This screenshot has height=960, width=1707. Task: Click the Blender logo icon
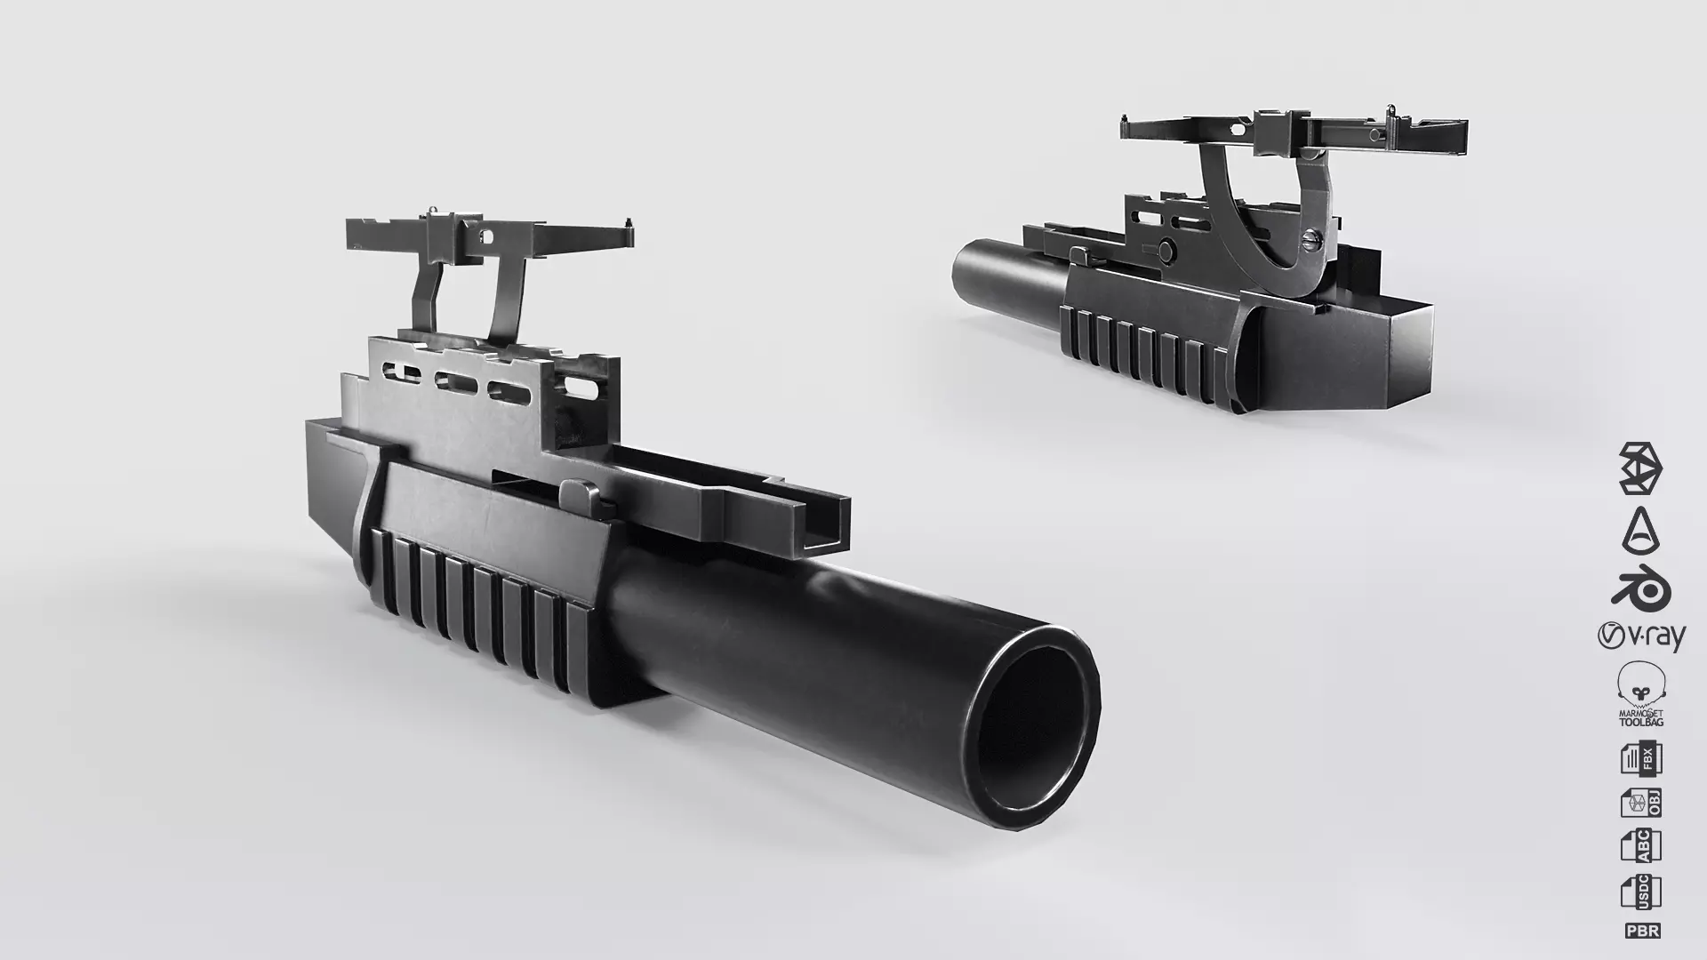1640,589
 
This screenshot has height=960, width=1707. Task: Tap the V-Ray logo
1640,636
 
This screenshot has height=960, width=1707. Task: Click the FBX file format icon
1640,759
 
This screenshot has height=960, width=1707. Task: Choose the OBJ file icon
1640,803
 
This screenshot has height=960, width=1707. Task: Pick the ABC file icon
1640,845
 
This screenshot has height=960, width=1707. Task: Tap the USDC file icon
1640,892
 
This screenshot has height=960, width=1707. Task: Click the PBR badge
1641,931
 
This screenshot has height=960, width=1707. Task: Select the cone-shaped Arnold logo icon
1640,530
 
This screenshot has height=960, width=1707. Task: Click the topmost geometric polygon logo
1640,468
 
